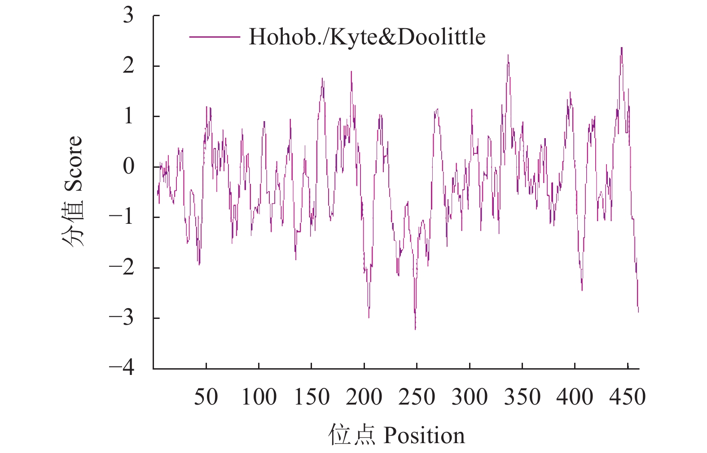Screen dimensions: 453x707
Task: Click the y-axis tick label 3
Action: coord(128,16)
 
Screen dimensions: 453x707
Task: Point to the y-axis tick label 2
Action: coord(128,66)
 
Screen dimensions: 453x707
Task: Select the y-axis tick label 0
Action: coord(128,167)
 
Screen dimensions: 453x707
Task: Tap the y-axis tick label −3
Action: coord(122,318)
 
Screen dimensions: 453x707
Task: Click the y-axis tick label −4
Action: coord(122,368)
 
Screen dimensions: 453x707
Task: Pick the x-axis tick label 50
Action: coord(206,397)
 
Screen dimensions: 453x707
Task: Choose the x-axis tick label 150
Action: coord(312,397)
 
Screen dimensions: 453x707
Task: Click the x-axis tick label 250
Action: coord(417,397)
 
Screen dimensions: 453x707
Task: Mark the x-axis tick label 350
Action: coord(522,397)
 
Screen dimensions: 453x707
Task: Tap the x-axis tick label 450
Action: coord(628,397)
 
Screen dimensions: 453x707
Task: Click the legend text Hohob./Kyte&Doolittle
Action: coord(367,37)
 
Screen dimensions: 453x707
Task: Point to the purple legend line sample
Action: coord(214,37)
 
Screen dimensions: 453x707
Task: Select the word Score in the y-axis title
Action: coord(73,164)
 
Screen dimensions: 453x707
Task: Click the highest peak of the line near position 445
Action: coord(622,48)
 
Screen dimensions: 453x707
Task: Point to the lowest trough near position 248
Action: coord(415,329)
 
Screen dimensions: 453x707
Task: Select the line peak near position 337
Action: coord(508,55)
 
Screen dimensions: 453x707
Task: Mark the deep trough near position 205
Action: coord(369,317)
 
